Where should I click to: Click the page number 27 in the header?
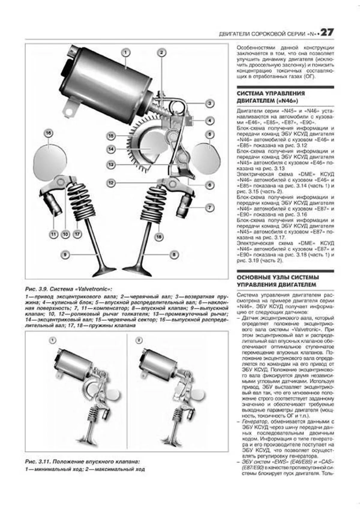click(x=327, y=33)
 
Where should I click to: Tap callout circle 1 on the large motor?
click(x=125, y=53)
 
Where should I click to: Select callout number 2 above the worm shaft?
click(x=161, y=53)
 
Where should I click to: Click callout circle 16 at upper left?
click(x=48, y=133)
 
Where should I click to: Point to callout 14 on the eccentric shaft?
click(x=111, y=149)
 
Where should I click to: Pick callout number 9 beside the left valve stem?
click(x=65, y=255)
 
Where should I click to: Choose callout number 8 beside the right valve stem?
click(x=174, y=255)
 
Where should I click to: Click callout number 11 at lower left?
click(x=53, y=234)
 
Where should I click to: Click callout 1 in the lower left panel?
click(x=52, y=340)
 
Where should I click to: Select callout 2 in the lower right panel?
click(x=138, y=340)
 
